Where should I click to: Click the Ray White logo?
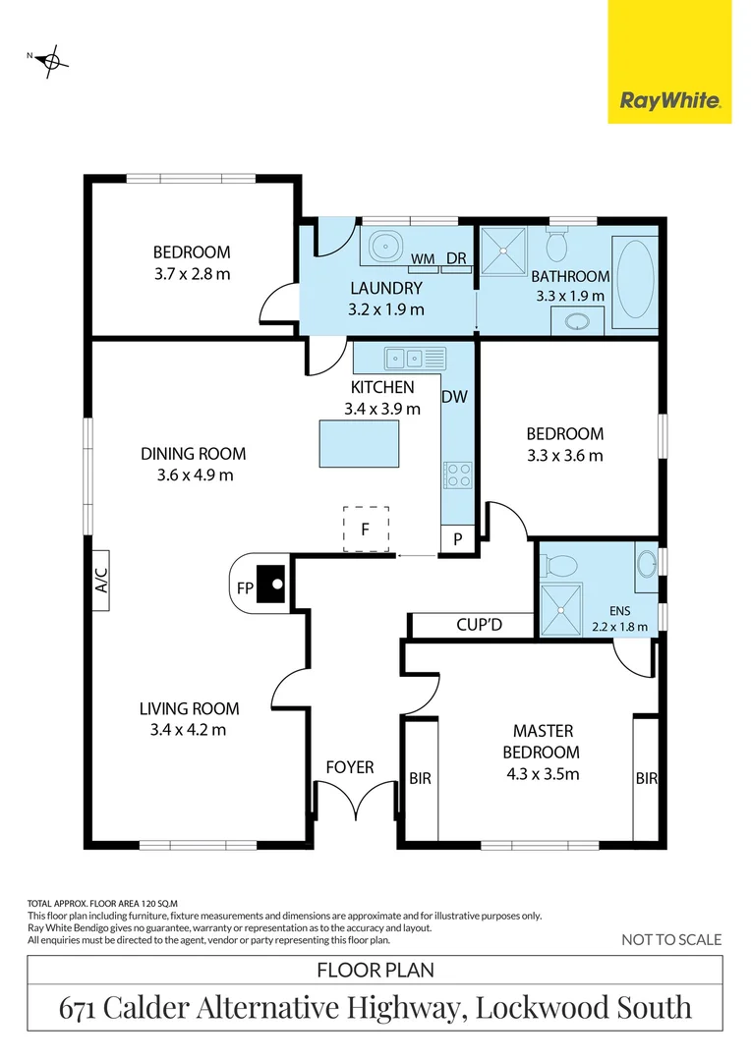pyautogui.click(x=669, y=101)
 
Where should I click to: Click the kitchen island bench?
pyautogui.click(x=359, y=444)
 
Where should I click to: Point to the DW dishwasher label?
pyautogui.click(x=454, y=397)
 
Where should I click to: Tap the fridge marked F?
pyautogui.click(x=365, y=529)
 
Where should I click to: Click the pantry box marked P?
pyautogui.click(x=457, y=540)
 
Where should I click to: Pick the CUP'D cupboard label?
pyautogui.click(x=480, y=624)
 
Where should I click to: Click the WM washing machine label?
pyautogui.click(x=423, y=259)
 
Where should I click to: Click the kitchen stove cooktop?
pyautogui.click(x=458, y=475)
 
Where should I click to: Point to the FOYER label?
pyautogui.click(x=350, y=766)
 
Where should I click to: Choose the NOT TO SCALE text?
pyautogui.click(x=671, y=940)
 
